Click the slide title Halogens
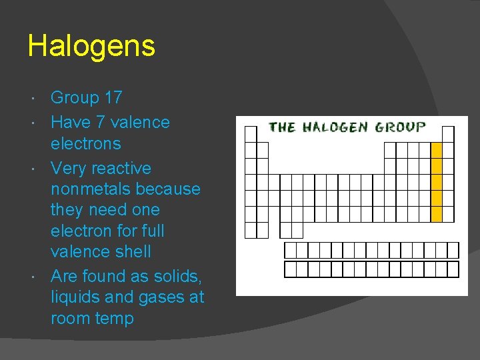point(91,47)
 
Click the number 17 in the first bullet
point(113,98)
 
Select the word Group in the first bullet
point(75,98)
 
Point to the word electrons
point(86,143)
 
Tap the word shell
point(133,252)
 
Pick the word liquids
point(77,297)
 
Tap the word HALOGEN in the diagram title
point(335,127)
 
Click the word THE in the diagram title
point(282,127)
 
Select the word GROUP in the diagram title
point(400,127)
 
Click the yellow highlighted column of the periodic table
point(437,181)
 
